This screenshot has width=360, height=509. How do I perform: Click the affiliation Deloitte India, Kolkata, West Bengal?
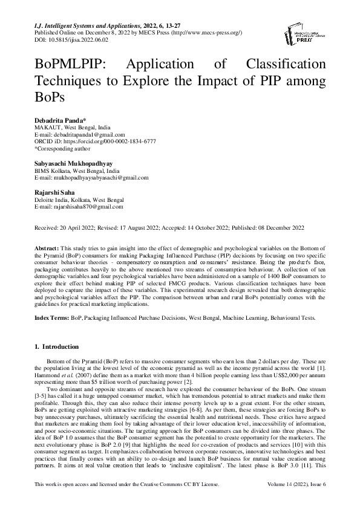tap(79, 199)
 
